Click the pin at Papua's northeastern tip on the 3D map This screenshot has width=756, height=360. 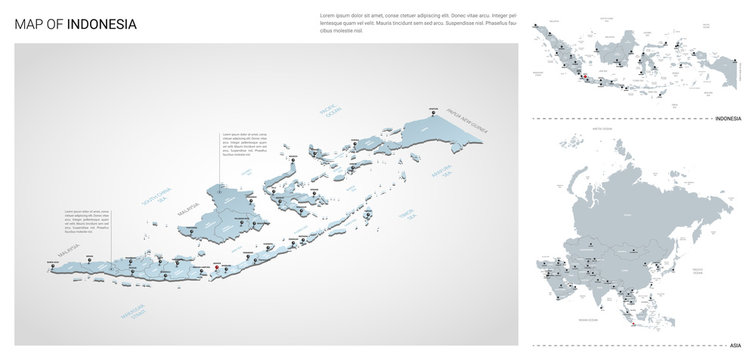pyautogui.click(x=432, y=112)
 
